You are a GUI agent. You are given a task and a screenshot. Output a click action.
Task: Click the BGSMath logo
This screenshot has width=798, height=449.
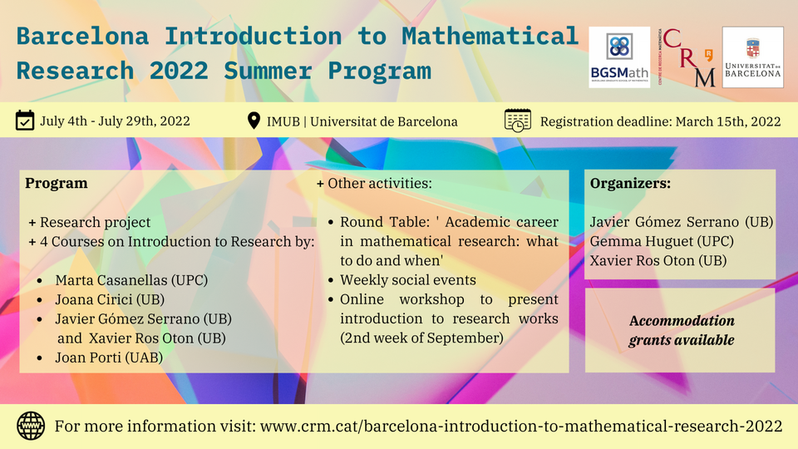pos(619,57)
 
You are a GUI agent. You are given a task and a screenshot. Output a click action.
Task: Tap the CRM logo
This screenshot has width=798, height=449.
pos(687,57)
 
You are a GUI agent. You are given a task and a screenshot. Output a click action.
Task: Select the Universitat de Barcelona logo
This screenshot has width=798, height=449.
pos(753,57)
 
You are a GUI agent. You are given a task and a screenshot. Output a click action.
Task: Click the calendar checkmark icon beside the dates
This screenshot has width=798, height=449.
pos(25,121)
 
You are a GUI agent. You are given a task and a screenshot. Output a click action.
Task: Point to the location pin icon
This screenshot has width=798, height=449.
pos(254,121)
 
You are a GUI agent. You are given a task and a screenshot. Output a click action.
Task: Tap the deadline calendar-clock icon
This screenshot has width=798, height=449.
pos(518,121)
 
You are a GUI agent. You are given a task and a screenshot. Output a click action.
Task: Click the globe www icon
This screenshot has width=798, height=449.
pos(31,426)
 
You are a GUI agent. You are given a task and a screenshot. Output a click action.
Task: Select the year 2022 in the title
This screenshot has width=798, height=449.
pos(179,71)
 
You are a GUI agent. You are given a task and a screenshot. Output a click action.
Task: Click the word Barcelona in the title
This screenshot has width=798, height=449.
pos(82,36)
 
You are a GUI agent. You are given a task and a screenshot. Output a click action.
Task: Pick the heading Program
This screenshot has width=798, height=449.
pos(57,183)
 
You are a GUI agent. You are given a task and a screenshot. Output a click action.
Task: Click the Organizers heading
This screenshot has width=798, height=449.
pos(630,183)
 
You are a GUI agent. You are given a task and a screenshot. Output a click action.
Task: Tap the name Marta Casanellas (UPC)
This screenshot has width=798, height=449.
pos(131,280)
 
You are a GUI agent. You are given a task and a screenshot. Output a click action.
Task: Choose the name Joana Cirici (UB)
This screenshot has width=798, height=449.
pos(110,299)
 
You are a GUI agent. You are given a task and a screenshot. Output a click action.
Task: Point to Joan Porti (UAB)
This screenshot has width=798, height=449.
pos(109,358)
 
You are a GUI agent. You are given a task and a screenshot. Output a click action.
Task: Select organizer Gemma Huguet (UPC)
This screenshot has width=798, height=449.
pos(662,241)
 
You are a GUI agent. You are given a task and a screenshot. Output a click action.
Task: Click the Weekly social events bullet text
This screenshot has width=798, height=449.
pos(408,280)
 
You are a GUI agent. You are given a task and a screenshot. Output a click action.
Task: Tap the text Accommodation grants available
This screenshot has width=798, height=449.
pos(682,330)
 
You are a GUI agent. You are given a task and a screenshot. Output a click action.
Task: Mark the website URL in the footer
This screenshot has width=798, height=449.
pos(521,426)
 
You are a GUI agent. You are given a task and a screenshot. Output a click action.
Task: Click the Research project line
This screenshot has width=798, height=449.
pos(95,222)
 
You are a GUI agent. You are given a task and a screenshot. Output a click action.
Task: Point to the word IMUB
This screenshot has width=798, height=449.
pos(283,121)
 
